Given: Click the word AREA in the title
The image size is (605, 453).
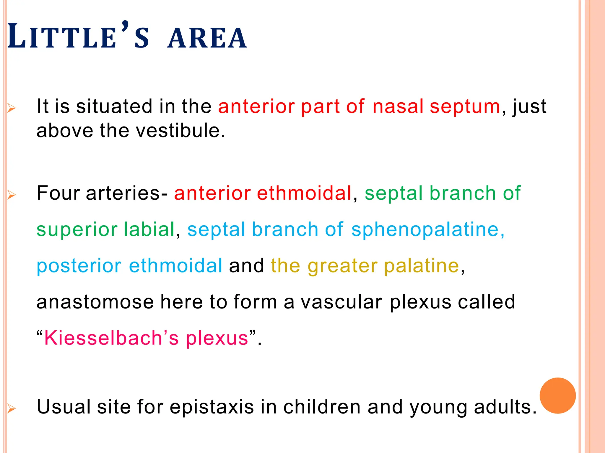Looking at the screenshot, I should coord(207,38).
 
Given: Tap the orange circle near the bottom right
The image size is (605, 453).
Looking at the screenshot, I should coord(557,395).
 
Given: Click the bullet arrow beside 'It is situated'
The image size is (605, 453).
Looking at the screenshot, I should coord(11,108).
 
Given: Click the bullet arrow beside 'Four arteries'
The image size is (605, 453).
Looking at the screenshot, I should coord(11,195).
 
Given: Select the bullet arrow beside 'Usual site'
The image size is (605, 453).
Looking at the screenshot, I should coord(11,409).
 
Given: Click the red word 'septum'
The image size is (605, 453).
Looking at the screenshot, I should coord(465,107).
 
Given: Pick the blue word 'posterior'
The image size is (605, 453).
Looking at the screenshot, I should coord(79,266).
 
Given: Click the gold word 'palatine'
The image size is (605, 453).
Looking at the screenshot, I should coord(422,266).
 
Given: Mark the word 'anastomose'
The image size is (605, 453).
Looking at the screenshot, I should coord(95,302).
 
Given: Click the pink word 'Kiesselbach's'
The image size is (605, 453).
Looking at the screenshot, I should coord(111,338).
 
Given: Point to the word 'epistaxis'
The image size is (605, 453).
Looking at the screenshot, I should coord(212,407).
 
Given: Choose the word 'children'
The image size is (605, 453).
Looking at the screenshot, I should coord(322,407).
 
